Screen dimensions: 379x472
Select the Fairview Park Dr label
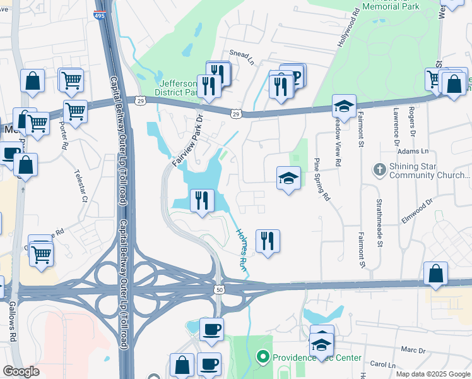(x=187, y=140)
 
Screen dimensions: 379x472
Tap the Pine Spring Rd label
(x=321, y=179)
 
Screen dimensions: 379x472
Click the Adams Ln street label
(x=416, y=152)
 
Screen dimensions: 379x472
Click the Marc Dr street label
(x=414, y=349)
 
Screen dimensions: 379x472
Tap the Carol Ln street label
(x=382, y=365)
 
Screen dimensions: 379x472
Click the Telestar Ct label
(x=81, y=185)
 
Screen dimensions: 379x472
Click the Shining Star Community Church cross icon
(x=379, y=169)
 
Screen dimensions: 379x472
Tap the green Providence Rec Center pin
(x=263, y=358)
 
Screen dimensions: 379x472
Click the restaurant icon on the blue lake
(x=201, y=200)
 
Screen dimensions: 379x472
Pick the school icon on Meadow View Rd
(x=344, y=105)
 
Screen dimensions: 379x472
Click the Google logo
(x=21, y=371)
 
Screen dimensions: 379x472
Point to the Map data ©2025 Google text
(x=432, y=374)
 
